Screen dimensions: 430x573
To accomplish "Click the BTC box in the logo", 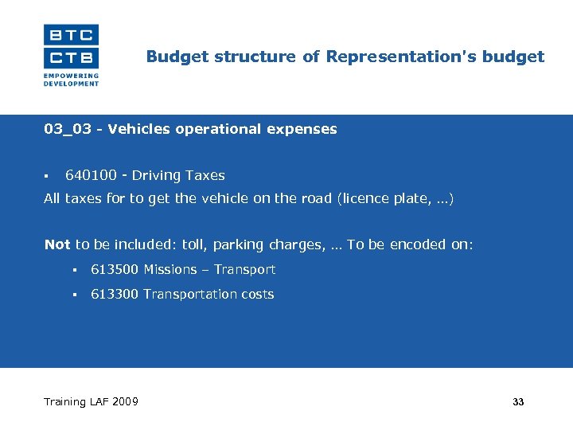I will (x=71, y=34).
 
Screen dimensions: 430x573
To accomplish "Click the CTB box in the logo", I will (x=71, y=57).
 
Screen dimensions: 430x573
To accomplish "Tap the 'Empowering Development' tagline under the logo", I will (x=71, y=80).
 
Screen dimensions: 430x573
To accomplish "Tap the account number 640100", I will (x=89, y=175).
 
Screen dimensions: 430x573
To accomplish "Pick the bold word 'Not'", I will (x=57, y=244).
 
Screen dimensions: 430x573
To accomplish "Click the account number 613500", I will (x=115, y=269).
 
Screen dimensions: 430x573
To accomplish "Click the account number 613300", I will (x=115, y=294).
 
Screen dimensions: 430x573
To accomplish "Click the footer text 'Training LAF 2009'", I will (x=91, y=401).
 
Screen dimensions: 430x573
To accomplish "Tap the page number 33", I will (x=518, y=402).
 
